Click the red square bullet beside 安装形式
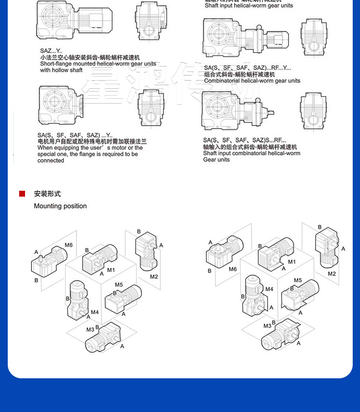coord(22,194)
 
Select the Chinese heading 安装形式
coord(47,194)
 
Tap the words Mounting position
coord(60,206)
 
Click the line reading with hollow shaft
coord(61,71)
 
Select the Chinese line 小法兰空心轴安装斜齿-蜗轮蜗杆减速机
coord(90,58)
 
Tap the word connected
coord(51,161)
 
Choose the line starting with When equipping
coord(90,148)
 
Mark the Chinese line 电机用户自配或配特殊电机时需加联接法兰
coord(92,142)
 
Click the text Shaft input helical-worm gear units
coord(249,6)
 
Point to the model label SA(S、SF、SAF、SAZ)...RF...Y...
coord(247,68)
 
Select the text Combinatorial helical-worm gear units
coord(252,81)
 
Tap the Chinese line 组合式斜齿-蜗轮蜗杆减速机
coord(240,74)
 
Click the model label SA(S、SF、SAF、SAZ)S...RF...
coord(244,140)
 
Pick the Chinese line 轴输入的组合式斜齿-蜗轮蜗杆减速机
coord(250,147)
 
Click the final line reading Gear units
coord(216,160)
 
